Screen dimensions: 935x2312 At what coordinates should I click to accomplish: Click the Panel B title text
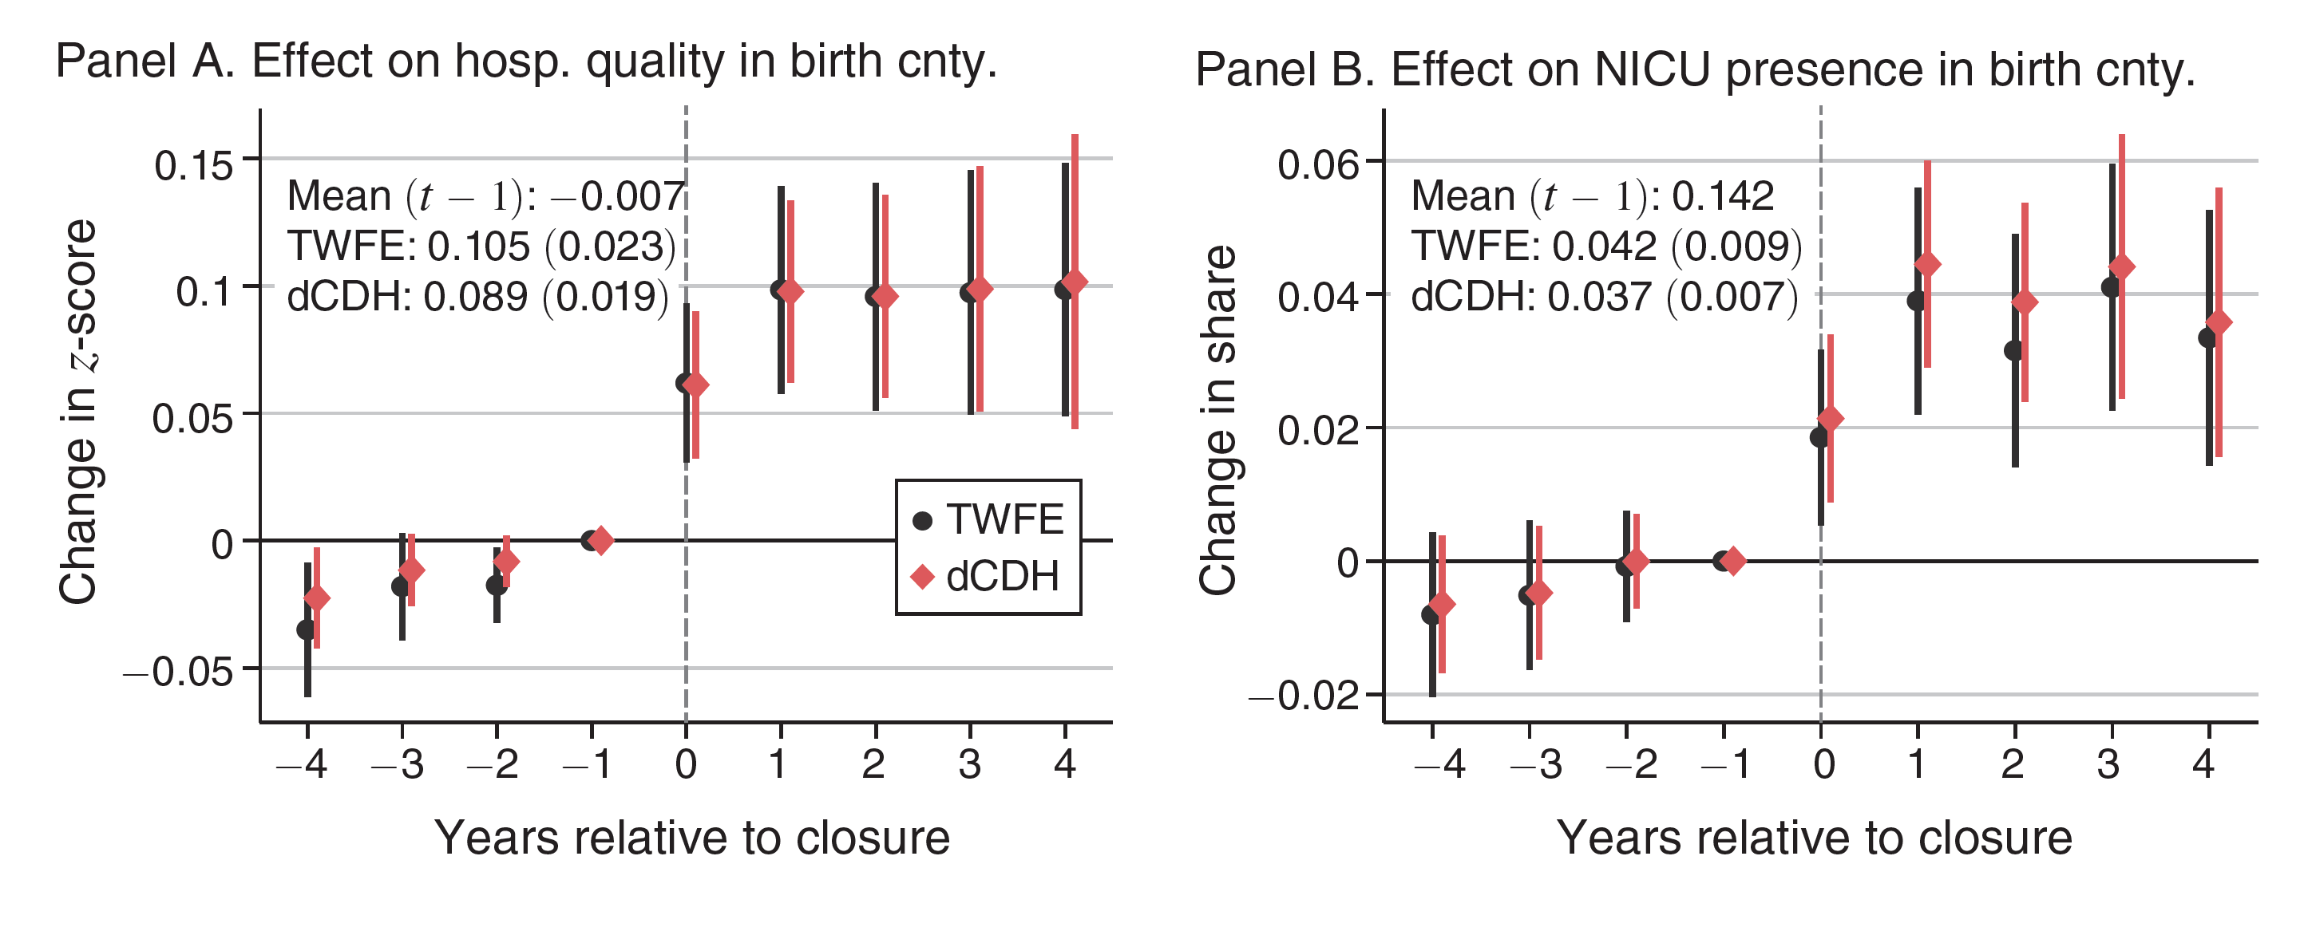click(1695, 70)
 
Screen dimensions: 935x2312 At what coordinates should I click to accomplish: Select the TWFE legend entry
click(988, 519)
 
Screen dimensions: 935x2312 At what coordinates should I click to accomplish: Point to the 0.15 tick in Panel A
click(193, 165)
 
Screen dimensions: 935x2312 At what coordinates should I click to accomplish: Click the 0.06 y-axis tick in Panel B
click(1317, 165)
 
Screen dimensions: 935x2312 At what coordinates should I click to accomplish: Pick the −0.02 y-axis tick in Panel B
click(1304, 696)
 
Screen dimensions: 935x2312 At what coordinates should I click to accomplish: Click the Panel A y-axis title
click(77, 412)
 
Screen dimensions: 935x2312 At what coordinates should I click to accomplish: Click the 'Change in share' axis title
click(1218, 420)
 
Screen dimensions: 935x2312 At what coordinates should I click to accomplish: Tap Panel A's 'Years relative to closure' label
click(692, 838)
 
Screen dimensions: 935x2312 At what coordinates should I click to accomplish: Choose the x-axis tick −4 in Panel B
click(1439, 764)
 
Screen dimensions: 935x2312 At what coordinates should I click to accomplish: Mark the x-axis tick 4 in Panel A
click(1064, 764)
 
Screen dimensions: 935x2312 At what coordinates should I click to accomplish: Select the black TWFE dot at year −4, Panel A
click(307, 630)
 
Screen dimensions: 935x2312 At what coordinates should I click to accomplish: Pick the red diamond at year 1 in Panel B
click(1927, 265)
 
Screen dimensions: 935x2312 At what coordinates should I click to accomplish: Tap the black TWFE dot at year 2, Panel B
click(2014, 351)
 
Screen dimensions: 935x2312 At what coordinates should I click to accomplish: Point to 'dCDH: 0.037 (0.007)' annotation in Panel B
click(1604, 297)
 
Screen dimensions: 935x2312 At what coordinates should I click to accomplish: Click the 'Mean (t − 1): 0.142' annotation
click(1592, 196)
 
